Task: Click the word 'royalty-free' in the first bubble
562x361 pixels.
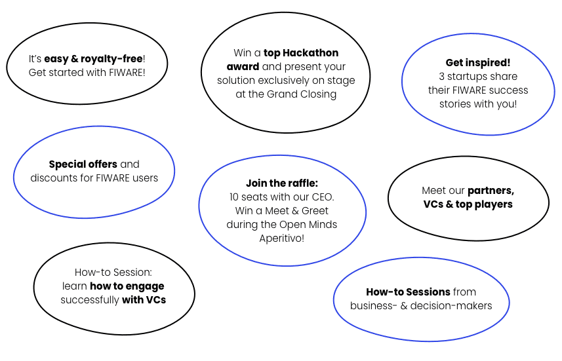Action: click(111, 59)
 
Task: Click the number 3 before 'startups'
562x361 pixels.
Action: click(441, 77)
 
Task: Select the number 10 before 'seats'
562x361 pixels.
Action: click(234, 197)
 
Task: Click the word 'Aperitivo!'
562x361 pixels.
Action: click(282, 238)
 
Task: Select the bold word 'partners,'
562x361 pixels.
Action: click(491, 191)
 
